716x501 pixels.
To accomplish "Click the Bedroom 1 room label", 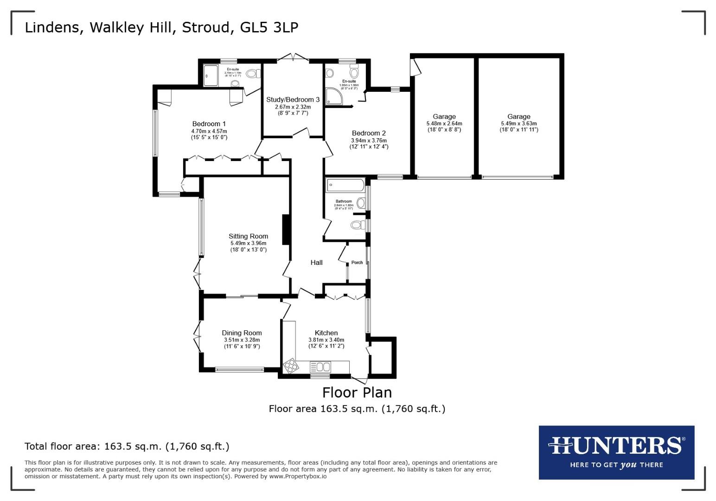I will coord(209,124).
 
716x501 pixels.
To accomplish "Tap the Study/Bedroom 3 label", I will coord(293,100).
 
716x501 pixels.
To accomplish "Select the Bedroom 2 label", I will coord(369,133).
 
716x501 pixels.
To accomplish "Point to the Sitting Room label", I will coord(249,236).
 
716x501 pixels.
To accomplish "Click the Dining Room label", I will coord(242,333).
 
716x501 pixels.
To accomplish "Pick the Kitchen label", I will coord(326,333).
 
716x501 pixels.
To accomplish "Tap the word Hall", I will coord(316,263).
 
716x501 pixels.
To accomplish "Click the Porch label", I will coord(357,263).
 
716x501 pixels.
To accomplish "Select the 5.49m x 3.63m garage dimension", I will coord(518,124).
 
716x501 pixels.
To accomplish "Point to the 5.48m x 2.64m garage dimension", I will coord(444,124).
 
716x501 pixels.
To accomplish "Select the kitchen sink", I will coord(321,367).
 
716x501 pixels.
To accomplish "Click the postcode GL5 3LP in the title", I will coord(269,27).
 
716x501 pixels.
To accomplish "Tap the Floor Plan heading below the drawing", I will coord(357,392).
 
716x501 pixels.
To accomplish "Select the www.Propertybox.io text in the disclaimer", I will coord(297,476).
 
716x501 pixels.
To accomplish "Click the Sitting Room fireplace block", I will coord(287,229).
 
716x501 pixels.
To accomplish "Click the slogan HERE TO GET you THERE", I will coord(616,465).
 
